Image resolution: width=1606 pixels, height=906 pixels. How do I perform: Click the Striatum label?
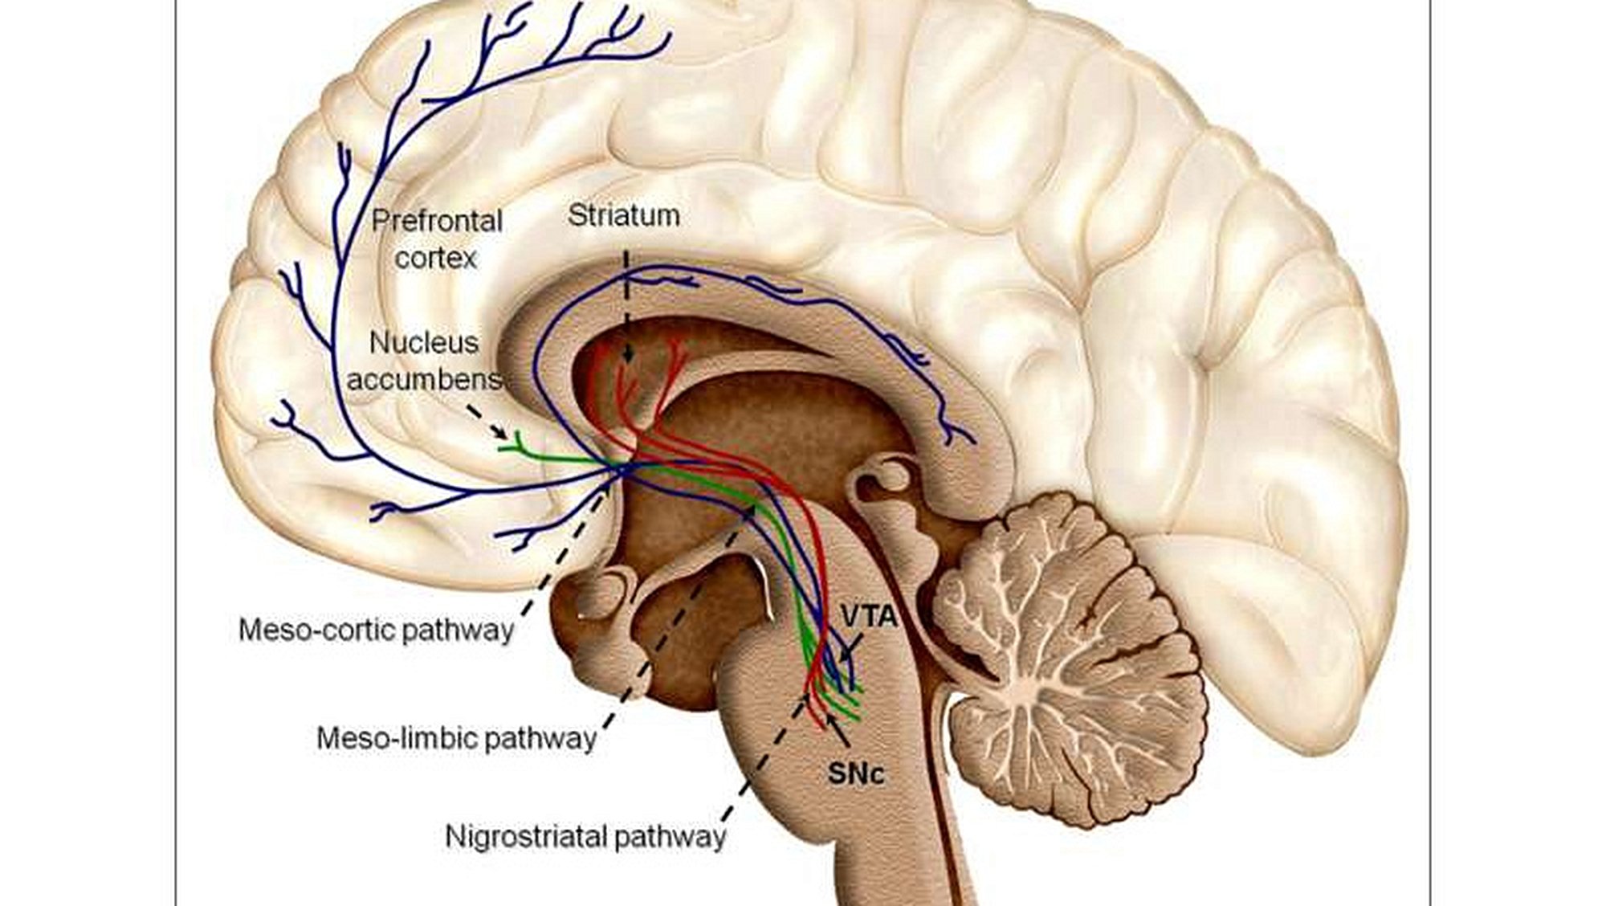click(623, 215)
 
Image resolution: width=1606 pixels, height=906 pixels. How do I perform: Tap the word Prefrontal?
click(437, 221)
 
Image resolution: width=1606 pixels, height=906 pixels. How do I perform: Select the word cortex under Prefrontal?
click(435, 258)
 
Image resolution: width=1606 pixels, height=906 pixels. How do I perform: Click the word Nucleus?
click(423, 343)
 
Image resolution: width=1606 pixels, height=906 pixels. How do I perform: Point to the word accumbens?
click(423, 378)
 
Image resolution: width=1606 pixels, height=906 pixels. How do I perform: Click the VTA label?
click(869, 616)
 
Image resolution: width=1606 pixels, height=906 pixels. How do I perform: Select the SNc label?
click(856, 773)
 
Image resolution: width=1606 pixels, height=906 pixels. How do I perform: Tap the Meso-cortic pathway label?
click(376, 630)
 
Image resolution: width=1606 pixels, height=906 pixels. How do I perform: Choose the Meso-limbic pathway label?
click(456, 737)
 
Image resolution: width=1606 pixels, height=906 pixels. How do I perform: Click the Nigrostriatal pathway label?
click(585, 836)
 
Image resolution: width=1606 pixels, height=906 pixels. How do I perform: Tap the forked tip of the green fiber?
click(515, 441)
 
